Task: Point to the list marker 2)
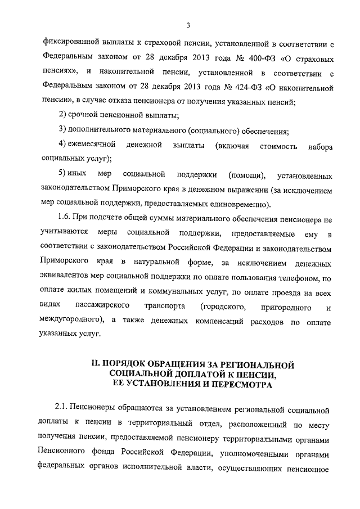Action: point(63,116)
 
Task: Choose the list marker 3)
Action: point(63,132)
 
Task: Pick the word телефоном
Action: point(299,278)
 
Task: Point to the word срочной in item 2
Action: point(84,116)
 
